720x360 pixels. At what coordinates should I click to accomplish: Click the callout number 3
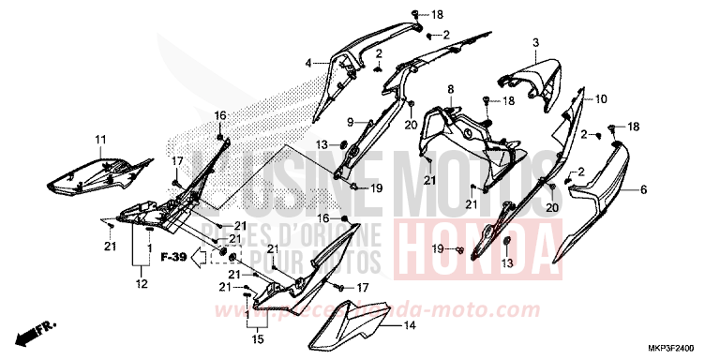(x=535, y=43)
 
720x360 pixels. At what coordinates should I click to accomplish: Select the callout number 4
(x=307, y=64)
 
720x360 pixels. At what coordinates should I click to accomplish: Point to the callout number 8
(x=450, y=89)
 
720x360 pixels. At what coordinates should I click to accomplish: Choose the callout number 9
(x=322, y=122)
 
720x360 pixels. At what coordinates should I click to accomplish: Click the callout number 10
(x=601, y=98)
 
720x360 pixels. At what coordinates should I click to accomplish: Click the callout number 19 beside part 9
(x=376, y=188)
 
